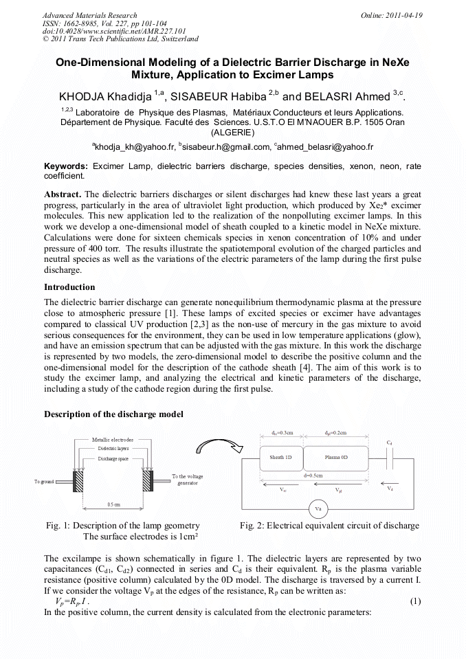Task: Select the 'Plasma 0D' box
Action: (x=336, y=456)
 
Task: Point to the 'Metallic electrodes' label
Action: (x=113, y=439)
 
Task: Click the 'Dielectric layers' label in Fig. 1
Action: (x=113, y=447)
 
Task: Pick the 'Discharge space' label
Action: (x=113, y=458)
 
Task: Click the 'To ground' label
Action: (x=44, y=482)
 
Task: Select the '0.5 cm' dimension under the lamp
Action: (x=113, y=504)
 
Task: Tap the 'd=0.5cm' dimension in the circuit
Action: (x=317, y=475)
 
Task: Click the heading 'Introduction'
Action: (x=69, y=287)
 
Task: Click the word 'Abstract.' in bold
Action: (x=63, y=194)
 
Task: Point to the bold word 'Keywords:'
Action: (x=66, y=166)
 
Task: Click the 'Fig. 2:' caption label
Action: (x=252, y=526)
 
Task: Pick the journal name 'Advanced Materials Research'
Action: (x=89, y=15)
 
